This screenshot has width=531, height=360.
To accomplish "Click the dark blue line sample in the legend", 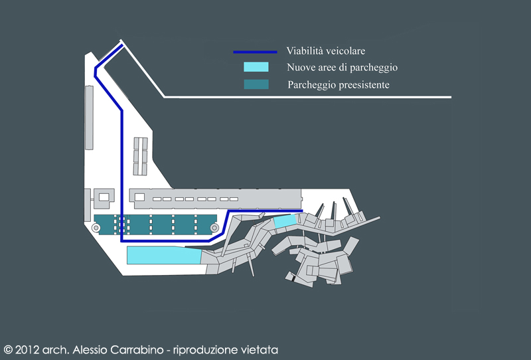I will click(254, 51).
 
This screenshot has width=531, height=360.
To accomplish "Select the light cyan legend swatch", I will click(256, 67).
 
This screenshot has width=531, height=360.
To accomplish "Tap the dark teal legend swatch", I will click(256, 84).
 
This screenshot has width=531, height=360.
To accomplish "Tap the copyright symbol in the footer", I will click(8, 349).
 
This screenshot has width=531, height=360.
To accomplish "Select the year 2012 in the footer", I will click(29, 349).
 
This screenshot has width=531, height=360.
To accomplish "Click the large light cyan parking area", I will click(163, 255).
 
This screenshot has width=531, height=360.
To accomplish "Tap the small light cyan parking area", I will click(285, 221).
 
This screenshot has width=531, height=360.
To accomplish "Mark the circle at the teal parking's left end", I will click(97, 228).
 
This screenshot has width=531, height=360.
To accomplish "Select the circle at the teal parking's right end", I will click(214, 228).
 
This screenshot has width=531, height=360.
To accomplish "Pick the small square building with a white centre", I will click(103, 197).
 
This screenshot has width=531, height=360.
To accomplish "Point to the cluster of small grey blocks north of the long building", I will click(140, 156).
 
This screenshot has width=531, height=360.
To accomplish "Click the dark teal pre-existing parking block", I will click(156, 225).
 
